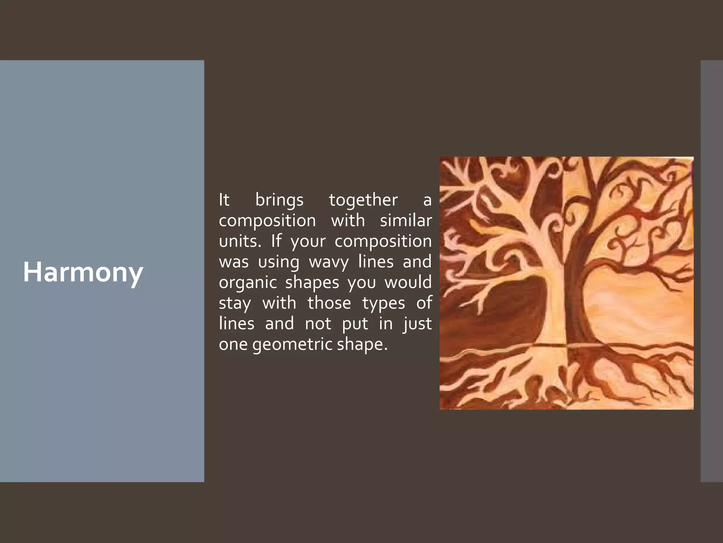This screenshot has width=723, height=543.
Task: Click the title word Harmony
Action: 83,272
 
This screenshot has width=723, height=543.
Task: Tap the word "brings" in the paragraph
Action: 279,200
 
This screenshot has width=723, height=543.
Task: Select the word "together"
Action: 363,200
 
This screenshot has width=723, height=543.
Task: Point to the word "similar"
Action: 406,221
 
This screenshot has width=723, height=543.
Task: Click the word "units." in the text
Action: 240,241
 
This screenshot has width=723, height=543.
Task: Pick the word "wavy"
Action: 329,262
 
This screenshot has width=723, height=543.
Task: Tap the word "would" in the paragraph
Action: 408,282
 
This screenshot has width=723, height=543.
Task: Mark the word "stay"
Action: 235,303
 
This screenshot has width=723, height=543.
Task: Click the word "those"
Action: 329,303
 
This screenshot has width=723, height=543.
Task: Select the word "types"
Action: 383,303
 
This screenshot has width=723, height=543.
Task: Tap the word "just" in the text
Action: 418,324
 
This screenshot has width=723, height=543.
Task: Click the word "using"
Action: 279,262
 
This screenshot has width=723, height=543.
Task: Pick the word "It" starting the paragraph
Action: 224,200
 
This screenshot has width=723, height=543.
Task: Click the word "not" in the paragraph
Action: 318,323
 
